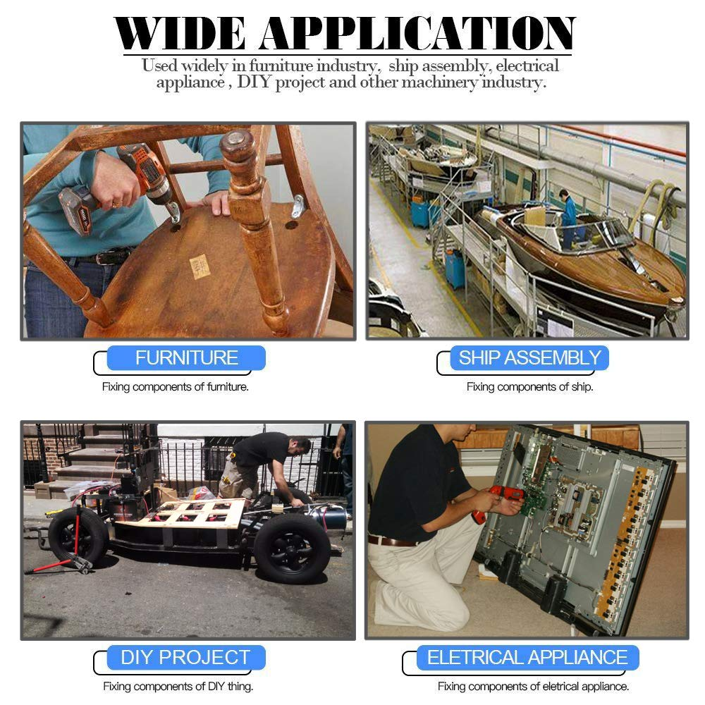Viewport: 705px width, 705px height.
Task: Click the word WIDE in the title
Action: click(180, 33)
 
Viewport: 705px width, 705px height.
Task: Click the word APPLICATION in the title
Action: click(417, 33)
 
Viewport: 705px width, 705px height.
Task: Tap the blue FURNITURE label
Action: click(186, 358)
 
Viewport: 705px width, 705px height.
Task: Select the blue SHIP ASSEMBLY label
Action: click(529, 358)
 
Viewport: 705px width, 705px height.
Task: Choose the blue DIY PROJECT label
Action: click(186, 657)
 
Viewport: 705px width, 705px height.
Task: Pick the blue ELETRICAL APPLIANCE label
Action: click(527, 657)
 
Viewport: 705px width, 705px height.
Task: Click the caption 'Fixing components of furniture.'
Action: click(176, 386)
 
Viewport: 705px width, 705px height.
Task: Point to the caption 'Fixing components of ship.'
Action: click(529, 386)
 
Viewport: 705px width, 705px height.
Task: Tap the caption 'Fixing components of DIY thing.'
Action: click(178, 687)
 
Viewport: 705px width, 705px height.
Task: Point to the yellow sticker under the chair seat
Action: click(200, 266)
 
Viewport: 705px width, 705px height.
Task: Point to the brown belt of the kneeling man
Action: click(391, 541)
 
